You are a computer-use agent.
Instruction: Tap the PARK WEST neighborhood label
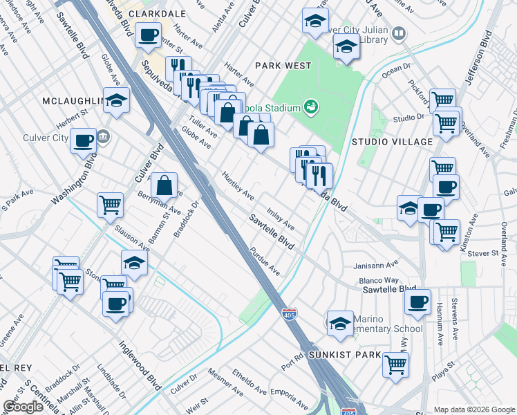click(282, 66)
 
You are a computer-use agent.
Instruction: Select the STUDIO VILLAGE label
click(391, 142)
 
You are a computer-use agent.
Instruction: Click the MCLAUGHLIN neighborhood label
click(73, 101)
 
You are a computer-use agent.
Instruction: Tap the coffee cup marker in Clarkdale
click(148, 35)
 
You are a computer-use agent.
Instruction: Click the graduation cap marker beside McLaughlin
click(117, 100)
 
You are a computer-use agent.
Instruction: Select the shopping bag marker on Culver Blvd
click(164, 185)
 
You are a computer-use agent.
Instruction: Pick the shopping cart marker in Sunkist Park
click(395, 364)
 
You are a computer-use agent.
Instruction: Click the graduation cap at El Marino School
click(340, 323)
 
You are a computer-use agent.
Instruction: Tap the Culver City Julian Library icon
click(398, 33)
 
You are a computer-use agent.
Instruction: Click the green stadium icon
click(311, 107)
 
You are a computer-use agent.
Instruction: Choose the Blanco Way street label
click(379, 280)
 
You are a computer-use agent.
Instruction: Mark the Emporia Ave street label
click(288, 397)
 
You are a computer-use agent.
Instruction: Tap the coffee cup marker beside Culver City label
click(84, 140)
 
